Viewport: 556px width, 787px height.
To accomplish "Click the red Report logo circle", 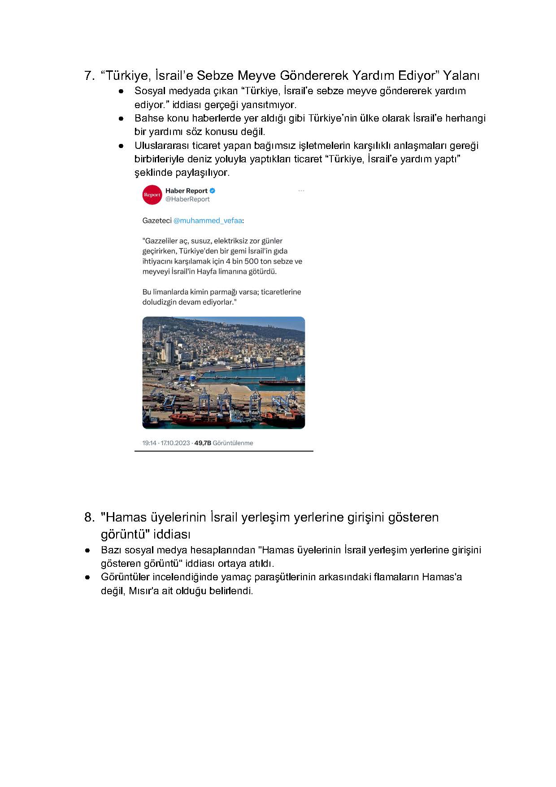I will [152, 195].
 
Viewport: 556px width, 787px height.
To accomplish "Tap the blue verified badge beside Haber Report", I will [213, 191].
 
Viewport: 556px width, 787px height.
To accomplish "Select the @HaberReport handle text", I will [187, 200].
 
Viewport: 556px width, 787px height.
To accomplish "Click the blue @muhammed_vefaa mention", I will [208, 221].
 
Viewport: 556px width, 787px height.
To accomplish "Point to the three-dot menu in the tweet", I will [301, 191].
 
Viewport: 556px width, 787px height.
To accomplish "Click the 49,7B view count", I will [202, 443].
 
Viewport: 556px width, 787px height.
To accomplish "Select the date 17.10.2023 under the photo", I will [176, 443].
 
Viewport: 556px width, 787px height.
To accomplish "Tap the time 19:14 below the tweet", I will [149, 443].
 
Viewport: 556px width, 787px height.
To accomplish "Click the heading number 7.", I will [89, 75].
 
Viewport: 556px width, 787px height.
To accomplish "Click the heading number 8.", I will [89, 517].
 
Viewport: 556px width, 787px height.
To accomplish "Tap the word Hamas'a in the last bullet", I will [442, 577].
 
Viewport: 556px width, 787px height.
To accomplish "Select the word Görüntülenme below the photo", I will [233, 443].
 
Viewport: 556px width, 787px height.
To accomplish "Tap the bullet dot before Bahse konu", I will [121, 119].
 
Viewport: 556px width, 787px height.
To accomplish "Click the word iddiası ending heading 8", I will [172, 535].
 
